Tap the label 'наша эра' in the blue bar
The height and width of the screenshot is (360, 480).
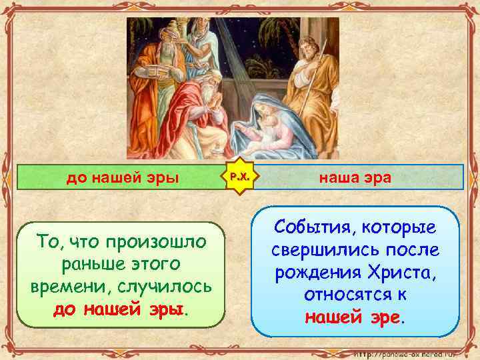point(356,179)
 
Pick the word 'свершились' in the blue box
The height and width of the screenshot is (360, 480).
point(313,251)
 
